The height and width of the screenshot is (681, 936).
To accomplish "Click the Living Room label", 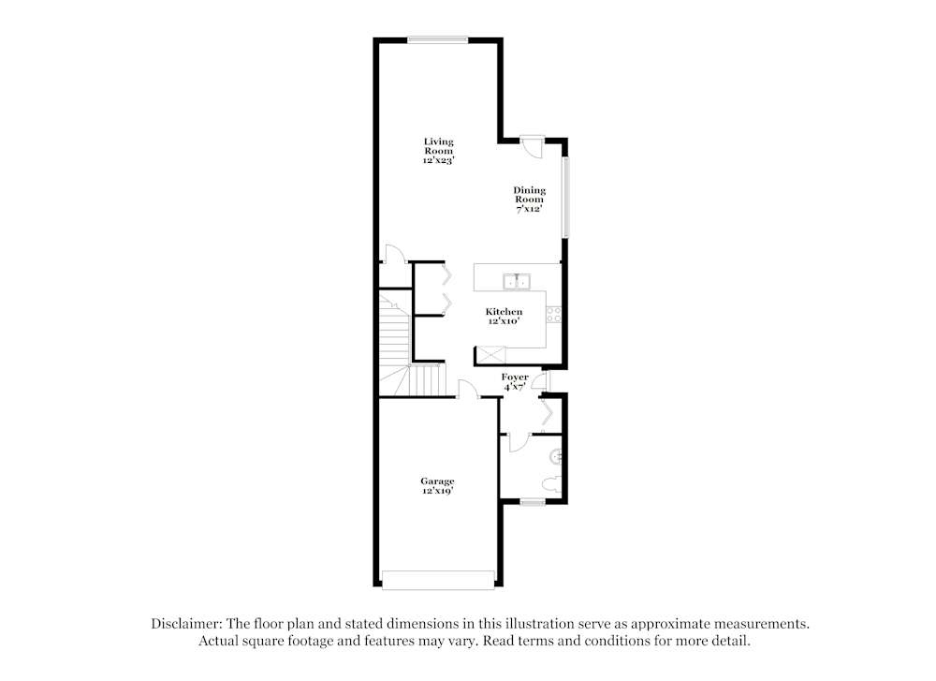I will pyautogui.click(x=438, y=151).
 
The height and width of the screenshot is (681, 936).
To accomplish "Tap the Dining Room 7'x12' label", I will pyautogui.click(x=529, y=200).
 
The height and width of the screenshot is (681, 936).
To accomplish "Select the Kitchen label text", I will pyautogui.click(x=504, y=316).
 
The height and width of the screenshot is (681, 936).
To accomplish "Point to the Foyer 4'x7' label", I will pyautogui.click(x=514, y=381).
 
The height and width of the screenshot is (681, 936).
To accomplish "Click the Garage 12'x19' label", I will pyautogui.click(x=437, y=485).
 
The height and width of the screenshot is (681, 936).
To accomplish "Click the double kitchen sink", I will pyautogui.click(x=516, y=280).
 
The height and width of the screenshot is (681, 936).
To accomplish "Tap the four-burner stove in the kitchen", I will pyautogui.click(x=554, y=315).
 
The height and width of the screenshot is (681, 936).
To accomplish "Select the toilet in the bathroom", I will pyautogui.click(x=550, y=485).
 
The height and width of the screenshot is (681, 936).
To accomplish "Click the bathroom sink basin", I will pyautogui.click(x=557, y=456).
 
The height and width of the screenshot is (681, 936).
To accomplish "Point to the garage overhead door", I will pyautogui.click(x=438, y=580).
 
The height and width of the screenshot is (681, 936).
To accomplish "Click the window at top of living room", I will pyautogui.click(x=437, y=38).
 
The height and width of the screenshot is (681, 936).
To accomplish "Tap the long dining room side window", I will pyautogui.click(x=564, y=198).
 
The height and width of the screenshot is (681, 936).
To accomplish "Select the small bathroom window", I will pyautogui.click(x=533, y=502).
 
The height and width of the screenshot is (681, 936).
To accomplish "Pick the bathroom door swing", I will pyautogui.click(x=518, y=443).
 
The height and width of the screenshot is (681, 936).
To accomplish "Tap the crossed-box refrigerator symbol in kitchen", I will pyautogui.click(x=490, y=354).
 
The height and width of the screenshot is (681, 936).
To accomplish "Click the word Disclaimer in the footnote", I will pyautogui.click(x=184, y=623).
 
